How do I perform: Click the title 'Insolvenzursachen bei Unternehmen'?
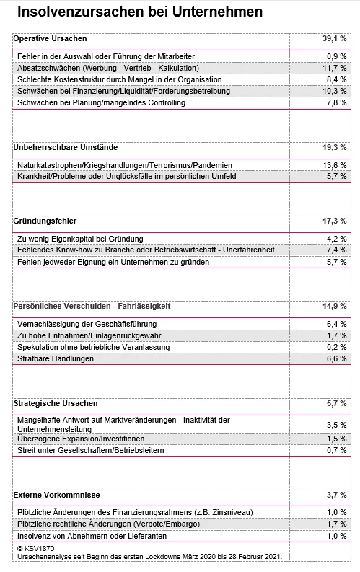[139, 12]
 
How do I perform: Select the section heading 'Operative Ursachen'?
[51, 38]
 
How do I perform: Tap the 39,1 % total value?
[334, 38]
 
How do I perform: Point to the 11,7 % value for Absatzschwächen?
[335, 68]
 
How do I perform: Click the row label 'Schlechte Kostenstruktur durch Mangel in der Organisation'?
[119, 79]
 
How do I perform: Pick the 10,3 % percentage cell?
[335, 91]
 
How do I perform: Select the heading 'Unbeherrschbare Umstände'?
[66, 147]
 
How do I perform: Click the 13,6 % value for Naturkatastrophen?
[335, 165]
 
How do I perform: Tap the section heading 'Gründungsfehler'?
[45, 221]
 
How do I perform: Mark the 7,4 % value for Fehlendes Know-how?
[337, 250]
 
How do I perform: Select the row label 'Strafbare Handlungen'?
[55, 358]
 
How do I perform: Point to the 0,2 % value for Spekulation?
[337, 347]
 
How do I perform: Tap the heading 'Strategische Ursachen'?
[56, 403]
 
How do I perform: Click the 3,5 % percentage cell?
[337, 426]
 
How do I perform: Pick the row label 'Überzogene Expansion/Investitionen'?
[80, 439]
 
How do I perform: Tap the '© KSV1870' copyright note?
[34, 548]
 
